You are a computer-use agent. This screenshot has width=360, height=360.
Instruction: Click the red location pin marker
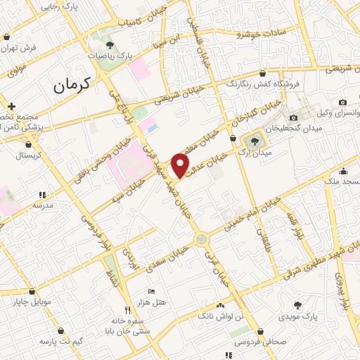tap(181, 165)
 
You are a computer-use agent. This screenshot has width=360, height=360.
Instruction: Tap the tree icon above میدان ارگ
tap(254, 141)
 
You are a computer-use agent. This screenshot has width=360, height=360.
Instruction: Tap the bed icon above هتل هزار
tap(150, 291)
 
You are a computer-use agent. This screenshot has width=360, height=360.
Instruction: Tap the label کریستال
tap(29, 154)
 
